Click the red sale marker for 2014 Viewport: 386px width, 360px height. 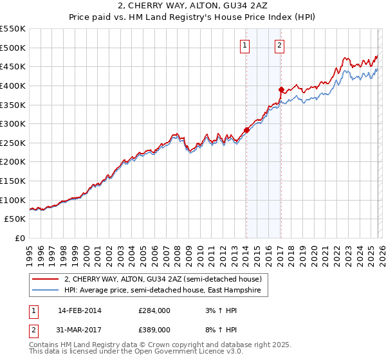coord(246,130)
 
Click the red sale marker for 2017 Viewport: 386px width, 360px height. coord(281,89)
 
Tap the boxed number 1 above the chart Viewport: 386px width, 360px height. coord(246,45)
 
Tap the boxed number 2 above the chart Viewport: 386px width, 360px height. coord(280,45)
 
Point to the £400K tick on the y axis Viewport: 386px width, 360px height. coord(13,85)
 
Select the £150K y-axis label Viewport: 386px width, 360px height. coord(13,181)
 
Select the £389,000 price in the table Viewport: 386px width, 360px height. coord(154,329)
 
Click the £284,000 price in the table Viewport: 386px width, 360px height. coord(154,310)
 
